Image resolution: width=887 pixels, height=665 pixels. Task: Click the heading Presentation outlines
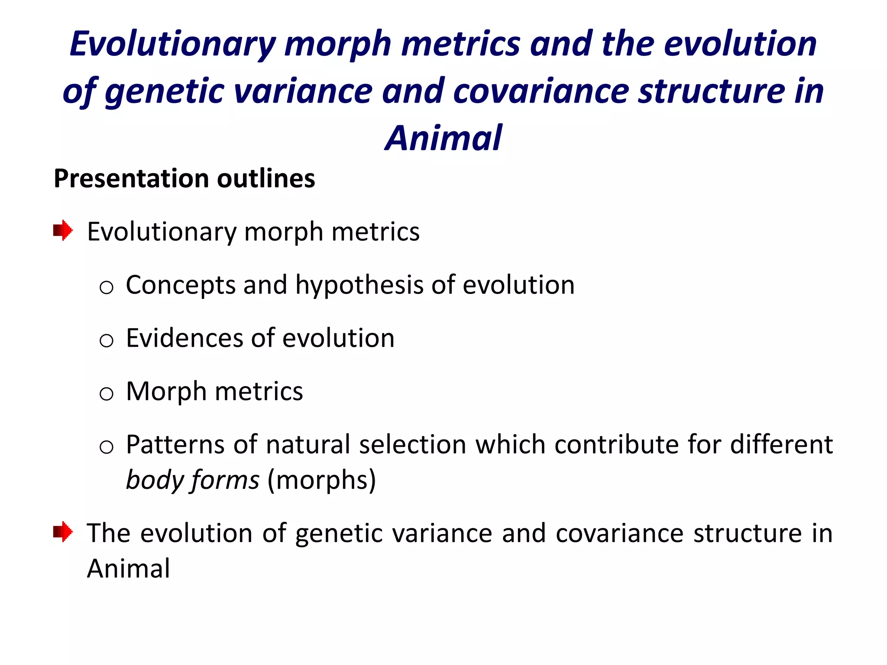[184, 179]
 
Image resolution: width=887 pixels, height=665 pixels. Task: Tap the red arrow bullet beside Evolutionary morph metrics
[63, 230]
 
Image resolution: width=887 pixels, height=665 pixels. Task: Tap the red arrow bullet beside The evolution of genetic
[63, 532]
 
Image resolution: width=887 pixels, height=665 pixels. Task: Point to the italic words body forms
[192, 480]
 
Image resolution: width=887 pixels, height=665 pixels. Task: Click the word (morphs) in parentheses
[321, 480]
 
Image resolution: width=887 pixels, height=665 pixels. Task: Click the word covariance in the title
[541, 91]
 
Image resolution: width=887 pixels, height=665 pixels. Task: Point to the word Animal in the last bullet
[129, 568]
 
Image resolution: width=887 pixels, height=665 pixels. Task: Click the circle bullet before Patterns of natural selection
[107, 447]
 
